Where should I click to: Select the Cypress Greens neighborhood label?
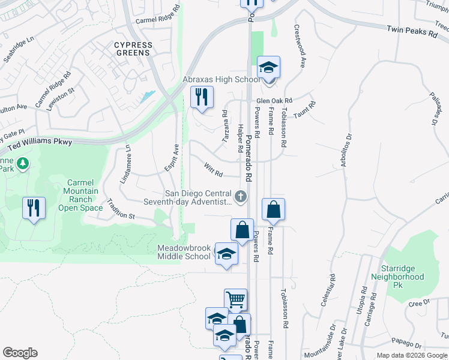(x=133, y=49)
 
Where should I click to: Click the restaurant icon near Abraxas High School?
(x=202, y=97)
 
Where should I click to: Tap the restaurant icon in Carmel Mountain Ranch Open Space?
(x=34, y=208)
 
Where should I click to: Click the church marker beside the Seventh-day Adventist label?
(x=241, y=196)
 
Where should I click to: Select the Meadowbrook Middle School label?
(x=184, y=252)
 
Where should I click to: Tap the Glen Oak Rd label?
(x=274, y=101)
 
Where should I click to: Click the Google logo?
(x=20, y=353)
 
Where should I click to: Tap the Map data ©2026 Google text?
(x=411, y=355)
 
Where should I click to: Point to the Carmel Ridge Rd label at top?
(x=158, y=16)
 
